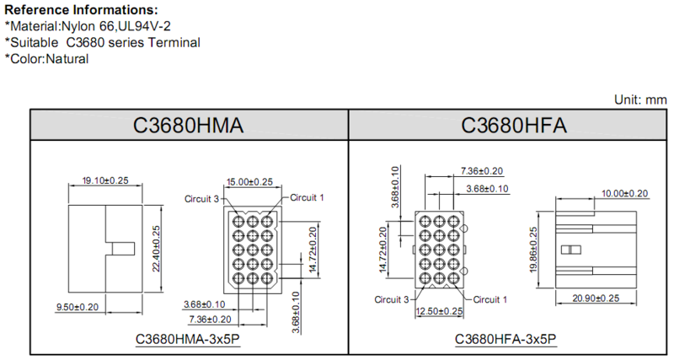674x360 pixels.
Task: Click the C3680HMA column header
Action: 188,125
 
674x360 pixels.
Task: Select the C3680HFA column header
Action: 514,125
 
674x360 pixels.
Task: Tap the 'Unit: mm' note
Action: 640,99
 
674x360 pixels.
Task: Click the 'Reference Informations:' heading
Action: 81,10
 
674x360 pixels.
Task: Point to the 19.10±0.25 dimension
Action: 105,180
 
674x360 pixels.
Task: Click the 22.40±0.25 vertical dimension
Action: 156,249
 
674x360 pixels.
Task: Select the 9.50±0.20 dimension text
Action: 78,307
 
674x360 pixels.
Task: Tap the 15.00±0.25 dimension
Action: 249,182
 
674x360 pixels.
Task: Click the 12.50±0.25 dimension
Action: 439,311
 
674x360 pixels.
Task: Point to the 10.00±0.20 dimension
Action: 624,194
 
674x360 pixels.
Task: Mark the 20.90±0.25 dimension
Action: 596,298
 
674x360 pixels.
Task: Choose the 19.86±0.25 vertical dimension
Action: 533,250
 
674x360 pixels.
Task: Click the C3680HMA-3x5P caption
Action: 188,339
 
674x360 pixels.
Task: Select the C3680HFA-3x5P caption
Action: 505,339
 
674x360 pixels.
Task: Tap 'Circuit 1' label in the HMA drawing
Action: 307,198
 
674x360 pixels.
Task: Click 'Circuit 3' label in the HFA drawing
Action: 392,299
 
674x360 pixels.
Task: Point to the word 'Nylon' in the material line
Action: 78,26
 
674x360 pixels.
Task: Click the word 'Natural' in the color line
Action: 67,59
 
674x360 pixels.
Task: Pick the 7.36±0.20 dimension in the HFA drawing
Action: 482,171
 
